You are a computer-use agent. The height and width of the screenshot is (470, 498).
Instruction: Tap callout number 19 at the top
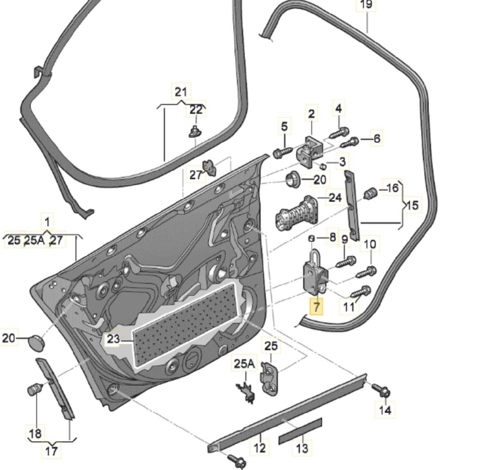coord(366,5)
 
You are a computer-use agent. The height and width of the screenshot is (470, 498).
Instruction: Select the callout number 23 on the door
coord(113,339)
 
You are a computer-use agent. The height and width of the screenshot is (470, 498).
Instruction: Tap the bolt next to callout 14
coord(381,390)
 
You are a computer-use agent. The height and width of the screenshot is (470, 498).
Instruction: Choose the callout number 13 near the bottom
coord(302,448)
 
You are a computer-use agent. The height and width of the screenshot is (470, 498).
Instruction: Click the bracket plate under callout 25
coord(268,378)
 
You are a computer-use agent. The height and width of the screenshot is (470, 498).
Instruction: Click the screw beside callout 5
coord(282,152)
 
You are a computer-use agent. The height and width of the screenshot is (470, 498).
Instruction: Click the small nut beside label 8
coord(311,238)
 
